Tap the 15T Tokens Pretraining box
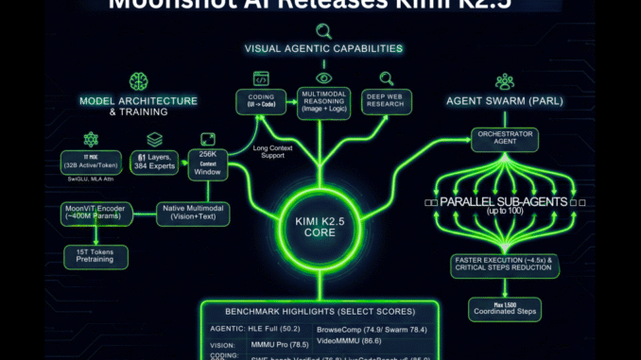[x=95, y=256]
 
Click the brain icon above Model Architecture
[x=138, y=82]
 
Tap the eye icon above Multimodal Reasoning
[x=323, y=77]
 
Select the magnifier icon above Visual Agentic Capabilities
[x=323, y=31]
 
